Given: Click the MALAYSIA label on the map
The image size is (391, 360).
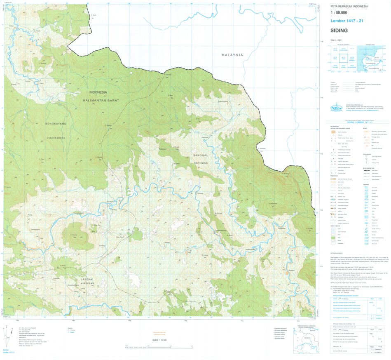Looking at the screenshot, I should point(232,55).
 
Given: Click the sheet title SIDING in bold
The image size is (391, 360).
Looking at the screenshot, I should point(339,31).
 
